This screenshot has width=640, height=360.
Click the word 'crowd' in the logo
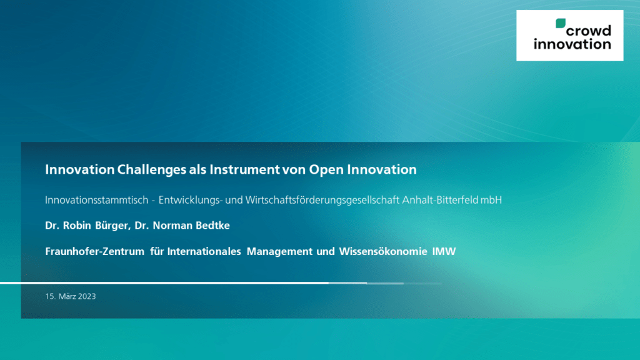point(589,31)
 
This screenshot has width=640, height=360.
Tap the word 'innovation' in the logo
point(572,44)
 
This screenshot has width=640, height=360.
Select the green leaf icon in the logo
point(561,23)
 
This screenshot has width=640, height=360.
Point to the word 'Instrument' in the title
point(244,169)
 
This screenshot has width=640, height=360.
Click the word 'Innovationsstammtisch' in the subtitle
point(97,200)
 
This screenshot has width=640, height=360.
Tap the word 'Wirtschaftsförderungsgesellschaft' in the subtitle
point(322,201)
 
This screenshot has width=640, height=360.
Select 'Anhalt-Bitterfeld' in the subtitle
point(440,200)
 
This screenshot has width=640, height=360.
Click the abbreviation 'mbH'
point(491,200)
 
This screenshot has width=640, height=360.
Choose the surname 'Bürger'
point(112,226)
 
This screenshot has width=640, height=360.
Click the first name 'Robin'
point(77,225)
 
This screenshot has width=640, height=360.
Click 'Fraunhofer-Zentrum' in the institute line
point(95,251)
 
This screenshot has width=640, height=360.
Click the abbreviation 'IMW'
point(444,251)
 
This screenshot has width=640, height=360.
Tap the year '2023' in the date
point(87,296)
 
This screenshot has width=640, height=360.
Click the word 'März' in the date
point(67,296)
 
